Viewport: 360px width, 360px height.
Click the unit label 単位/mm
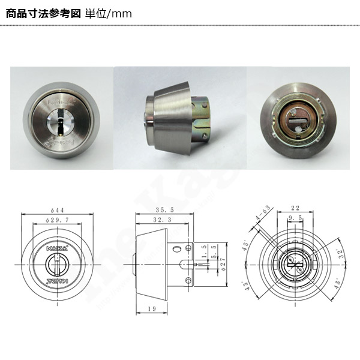pyautogui.click(x=109, y=13)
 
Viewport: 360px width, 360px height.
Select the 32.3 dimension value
pyautogui.click(x=163, y=221)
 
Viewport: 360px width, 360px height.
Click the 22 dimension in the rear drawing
pyautogui.click(x=294, y=208)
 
